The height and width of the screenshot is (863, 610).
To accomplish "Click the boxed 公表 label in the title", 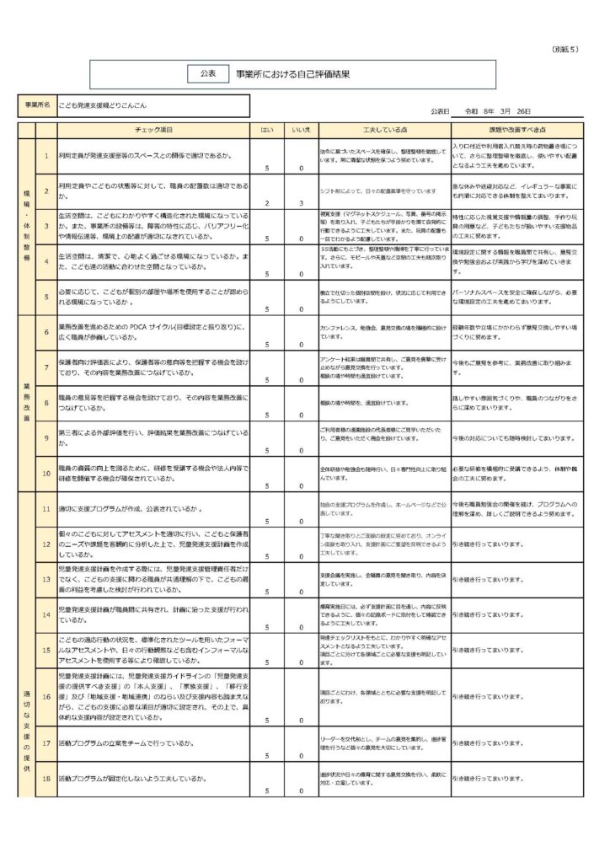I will (207, 74).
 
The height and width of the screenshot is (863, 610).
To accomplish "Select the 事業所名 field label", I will (37, 105).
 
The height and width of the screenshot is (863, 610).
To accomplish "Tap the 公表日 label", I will (440, 111).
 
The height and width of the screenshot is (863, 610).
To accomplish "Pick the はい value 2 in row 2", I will (266, 203).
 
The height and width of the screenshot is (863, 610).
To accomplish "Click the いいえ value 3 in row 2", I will (301, 203).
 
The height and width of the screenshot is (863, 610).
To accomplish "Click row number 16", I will (46, 697).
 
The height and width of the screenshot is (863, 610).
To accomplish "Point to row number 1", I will (46, 156).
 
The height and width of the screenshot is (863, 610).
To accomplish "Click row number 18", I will (46, 779).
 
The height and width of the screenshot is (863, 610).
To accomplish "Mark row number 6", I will (46, 332).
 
